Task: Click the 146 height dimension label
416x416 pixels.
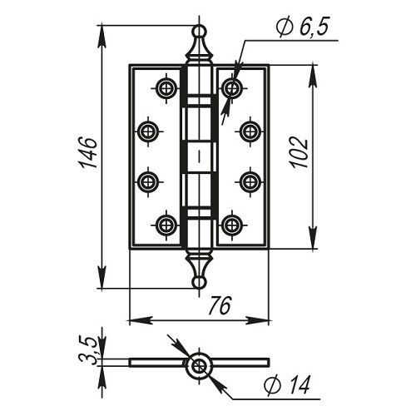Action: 89,152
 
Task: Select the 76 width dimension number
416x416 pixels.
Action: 220,305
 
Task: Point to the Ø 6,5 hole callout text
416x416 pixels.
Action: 302,27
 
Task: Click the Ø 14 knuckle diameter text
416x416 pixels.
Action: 286,384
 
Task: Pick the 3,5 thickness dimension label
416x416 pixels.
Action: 88,349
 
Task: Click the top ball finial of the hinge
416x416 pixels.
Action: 199,31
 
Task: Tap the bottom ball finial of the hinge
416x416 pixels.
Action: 199,283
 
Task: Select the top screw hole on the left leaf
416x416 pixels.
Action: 166,88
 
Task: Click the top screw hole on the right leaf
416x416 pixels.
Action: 232,88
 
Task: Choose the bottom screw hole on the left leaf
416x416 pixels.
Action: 166,225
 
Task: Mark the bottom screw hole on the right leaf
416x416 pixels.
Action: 232,225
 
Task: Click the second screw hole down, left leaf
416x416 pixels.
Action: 149,131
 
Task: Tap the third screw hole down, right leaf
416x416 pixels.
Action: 250,182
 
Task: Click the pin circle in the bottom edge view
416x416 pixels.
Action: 199,366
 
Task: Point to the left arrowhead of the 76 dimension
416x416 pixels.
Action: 141,321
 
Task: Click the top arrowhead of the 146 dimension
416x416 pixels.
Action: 102,37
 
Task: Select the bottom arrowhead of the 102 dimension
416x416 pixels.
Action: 313,238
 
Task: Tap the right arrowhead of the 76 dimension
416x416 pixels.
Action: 257,321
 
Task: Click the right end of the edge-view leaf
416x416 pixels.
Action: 269,362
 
